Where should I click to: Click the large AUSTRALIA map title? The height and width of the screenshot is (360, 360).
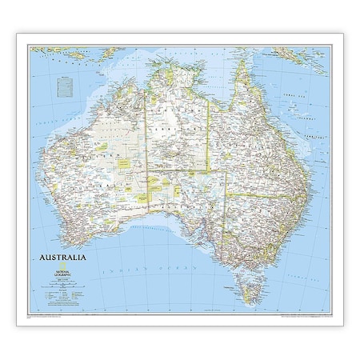coord(60,258)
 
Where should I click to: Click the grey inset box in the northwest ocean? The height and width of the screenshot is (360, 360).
coord(64,82)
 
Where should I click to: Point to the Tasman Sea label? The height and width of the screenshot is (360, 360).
coord(308,240)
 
